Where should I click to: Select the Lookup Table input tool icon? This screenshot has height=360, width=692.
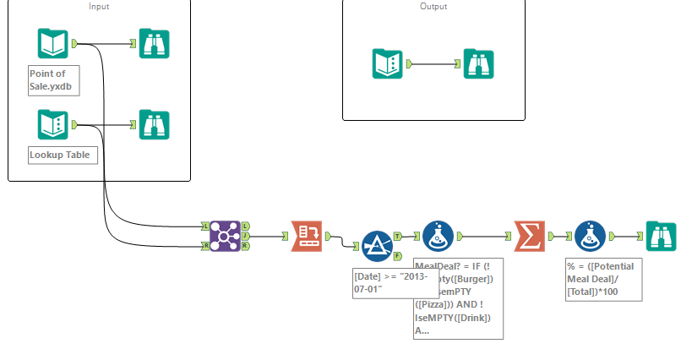52,124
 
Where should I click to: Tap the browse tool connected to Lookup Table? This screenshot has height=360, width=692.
154,124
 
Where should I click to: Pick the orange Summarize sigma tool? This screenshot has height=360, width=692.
528,236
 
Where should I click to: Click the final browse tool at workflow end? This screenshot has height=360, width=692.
662,236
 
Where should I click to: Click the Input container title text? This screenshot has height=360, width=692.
99,7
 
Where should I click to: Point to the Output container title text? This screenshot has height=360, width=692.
433,7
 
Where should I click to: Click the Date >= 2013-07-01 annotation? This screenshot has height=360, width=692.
379,283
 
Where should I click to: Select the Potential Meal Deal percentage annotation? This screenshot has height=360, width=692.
601,278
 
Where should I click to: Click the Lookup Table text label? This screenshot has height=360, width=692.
59,155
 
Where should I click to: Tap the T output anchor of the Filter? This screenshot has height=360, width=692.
398,237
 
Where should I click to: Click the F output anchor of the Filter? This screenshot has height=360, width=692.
398,254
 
